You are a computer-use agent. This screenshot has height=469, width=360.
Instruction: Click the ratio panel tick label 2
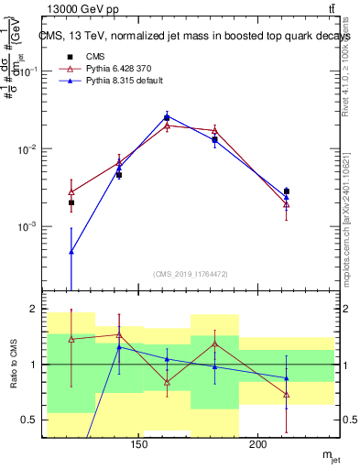(32, 310)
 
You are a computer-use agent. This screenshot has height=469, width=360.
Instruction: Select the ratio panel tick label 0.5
(28, 420)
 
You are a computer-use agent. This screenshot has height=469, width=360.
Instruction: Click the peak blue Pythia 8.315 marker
(167, 116)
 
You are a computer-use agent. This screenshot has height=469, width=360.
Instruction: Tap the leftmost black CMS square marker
(71, 202)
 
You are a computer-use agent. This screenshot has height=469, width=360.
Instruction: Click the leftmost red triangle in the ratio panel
(71, 339)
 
